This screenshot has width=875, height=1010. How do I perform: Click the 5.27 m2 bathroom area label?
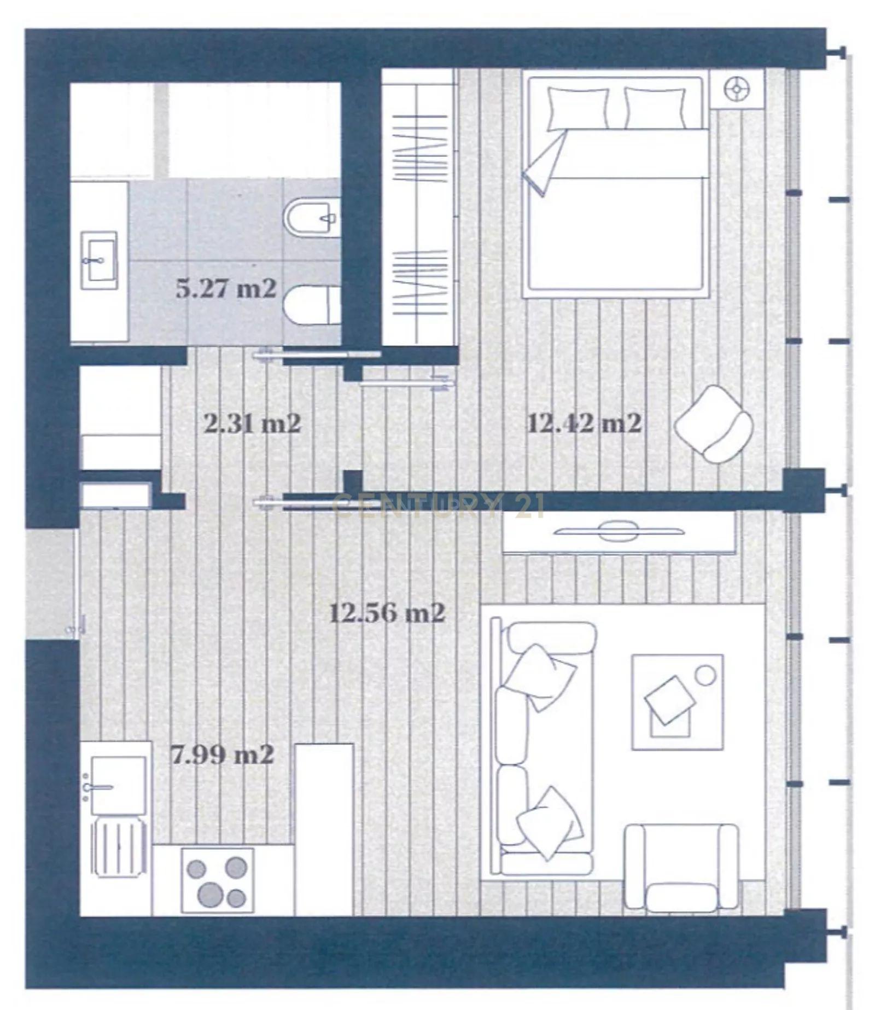point(226,289)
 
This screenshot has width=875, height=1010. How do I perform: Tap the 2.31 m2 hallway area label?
point(252,424)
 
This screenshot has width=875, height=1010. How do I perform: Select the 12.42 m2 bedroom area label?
point(584,424)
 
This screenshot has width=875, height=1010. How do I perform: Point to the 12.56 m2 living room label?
point(387,613)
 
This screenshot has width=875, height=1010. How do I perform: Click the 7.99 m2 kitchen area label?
point(223,756)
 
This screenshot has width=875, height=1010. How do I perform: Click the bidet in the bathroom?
point(312,218)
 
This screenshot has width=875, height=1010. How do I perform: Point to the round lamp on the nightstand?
point(737,89)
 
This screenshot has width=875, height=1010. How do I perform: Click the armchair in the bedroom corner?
point(713,425)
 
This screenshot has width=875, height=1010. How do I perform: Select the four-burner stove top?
point(217,880)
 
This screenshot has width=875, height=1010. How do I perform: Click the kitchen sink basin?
point(118,785)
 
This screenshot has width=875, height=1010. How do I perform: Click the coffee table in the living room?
point(677,702)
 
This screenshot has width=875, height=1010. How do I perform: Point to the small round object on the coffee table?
point(705,675)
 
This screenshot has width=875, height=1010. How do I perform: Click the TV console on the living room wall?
point(618,532)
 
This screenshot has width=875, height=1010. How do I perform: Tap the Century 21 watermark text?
point(437,506)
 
